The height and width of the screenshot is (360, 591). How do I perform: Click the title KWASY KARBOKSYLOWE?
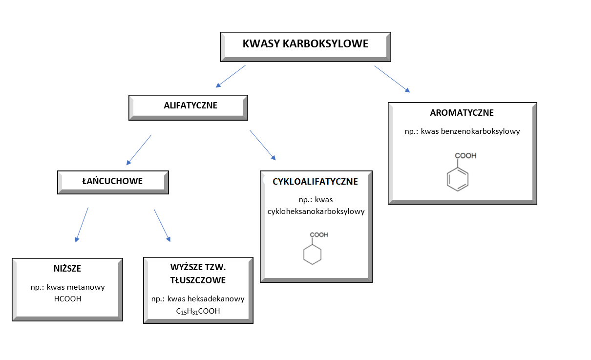305,44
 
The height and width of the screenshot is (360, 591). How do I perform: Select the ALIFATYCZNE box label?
190,105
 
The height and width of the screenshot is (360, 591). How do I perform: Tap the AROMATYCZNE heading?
462,113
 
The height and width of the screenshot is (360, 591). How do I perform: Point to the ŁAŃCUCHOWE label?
112,181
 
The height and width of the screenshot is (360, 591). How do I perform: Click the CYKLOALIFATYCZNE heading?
316,182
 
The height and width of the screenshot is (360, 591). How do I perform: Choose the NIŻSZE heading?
67,269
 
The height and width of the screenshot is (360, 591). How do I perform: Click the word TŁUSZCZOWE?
198,280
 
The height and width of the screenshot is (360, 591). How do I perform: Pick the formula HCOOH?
67,298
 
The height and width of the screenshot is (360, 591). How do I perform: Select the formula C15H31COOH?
198,311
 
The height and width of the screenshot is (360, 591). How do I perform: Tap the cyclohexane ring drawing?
313,254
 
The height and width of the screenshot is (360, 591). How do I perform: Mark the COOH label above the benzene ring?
465,156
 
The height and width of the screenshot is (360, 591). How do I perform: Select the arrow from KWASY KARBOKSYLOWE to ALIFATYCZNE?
231,76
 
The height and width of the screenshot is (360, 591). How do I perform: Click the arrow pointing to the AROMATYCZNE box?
392,79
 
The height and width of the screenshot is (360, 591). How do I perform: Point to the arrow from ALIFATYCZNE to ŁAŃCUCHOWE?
139,150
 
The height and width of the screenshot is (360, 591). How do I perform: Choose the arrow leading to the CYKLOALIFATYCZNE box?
263,145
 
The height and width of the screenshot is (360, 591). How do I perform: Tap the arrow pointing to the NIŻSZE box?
82,224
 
